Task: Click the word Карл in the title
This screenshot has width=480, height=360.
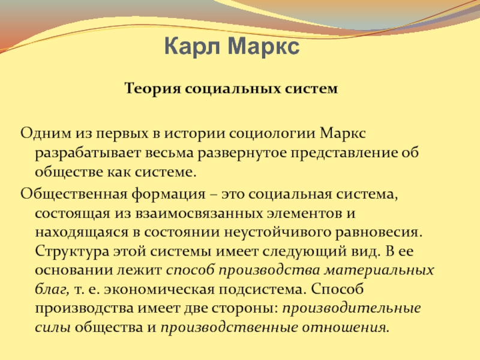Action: coord(192,47)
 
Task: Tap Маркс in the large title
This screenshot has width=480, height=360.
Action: coord(263,46)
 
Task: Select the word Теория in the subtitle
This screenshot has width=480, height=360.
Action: coord(152,89)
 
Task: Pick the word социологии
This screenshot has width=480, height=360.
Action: coord(272,133)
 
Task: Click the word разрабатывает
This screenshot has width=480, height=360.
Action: coord(88,153)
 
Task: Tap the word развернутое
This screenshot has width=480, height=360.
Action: coord(242,153)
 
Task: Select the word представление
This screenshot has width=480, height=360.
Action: coord(344,153)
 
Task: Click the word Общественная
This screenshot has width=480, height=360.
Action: coord(74,194)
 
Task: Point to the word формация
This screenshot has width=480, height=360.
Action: coord(169,194)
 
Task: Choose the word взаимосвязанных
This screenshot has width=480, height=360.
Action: coord(199,214)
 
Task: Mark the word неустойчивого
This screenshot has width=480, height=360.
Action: coord(277,233)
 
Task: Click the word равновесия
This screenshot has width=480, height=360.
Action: coord(379,233)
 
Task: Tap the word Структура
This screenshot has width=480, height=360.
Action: coord(72,251)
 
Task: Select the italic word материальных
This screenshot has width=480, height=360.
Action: coord(379,271)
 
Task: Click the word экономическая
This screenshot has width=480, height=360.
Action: coord(159,290)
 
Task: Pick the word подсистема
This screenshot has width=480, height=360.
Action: coord(262,290)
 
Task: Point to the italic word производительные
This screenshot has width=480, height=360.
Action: coord(352,308)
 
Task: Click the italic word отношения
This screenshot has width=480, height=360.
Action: coord(346,328)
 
